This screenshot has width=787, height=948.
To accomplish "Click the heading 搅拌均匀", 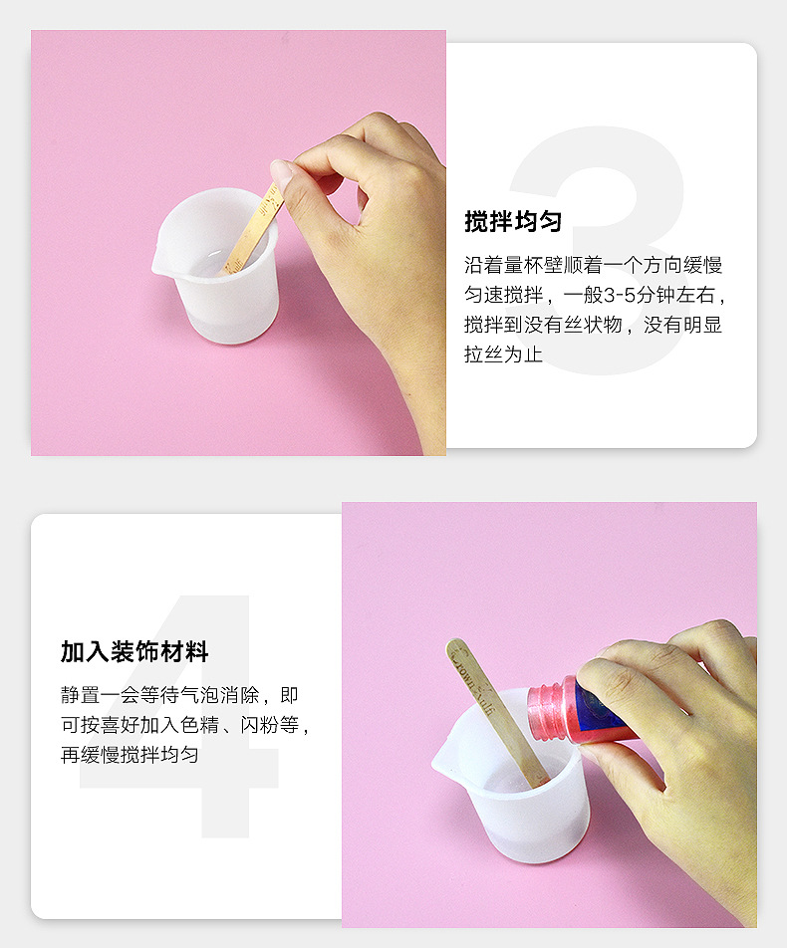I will [513, 222].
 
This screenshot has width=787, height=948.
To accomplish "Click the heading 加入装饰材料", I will [134, 653].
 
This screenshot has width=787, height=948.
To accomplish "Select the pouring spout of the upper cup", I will [159, 266].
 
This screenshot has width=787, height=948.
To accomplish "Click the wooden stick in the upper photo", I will [252, 234].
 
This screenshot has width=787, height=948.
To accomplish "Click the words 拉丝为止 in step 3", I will [503, 354].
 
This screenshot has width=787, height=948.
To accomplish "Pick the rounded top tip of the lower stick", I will [455, 648].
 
